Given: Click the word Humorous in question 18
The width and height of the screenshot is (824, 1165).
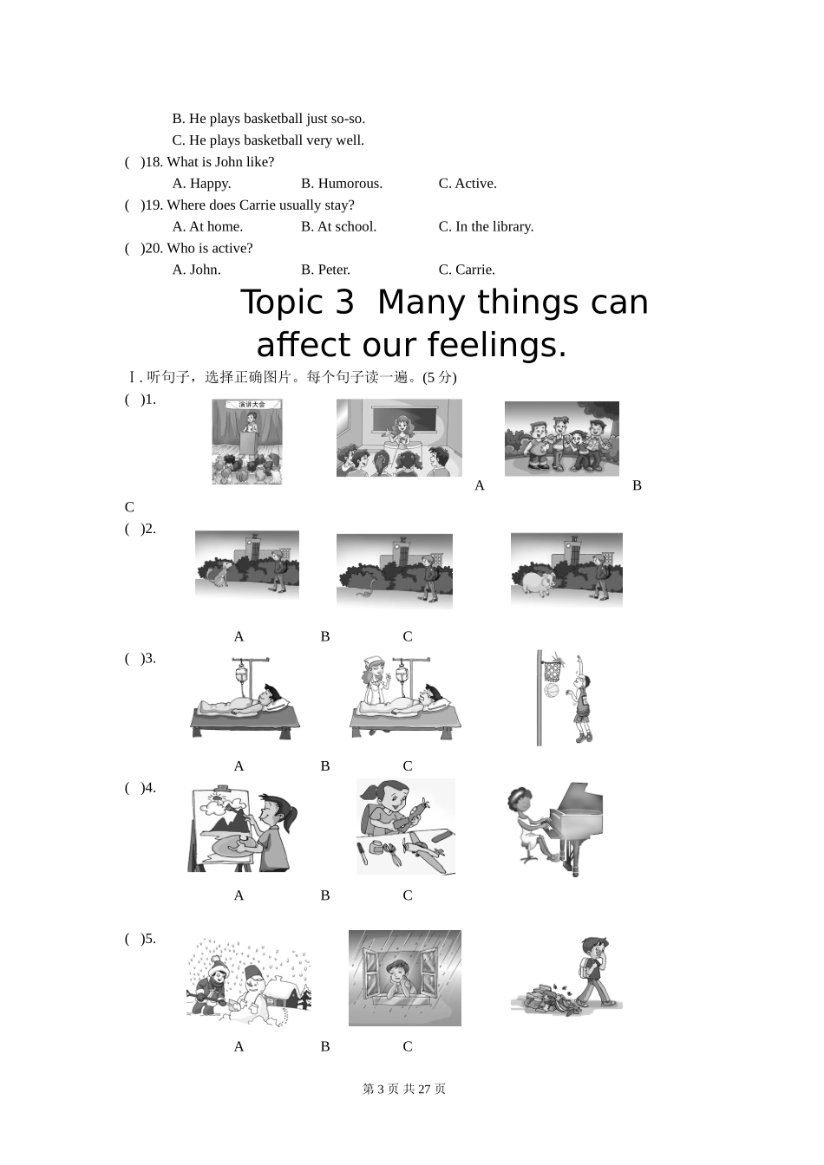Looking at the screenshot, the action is (350, 184).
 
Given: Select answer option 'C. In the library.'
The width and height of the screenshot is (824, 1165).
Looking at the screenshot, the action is (487, 227).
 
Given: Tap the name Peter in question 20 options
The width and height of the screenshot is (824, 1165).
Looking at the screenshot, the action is (334, 270).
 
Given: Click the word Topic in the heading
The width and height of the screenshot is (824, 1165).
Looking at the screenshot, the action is (298, 303).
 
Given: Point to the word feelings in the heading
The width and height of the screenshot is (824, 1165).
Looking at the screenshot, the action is (497, 345).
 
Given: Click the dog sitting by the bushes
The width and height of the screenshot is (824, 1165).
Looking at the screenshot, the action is (218, 573).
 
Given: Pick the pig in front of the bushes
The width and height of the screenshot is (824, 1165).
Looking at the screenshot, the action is (539, 582).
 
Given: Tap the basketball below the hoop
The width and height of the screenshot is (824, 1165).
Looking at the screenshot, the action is (552, 690).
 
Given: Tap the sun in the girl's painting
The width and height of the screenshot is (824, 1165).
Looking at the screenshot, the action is (218, 797).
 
